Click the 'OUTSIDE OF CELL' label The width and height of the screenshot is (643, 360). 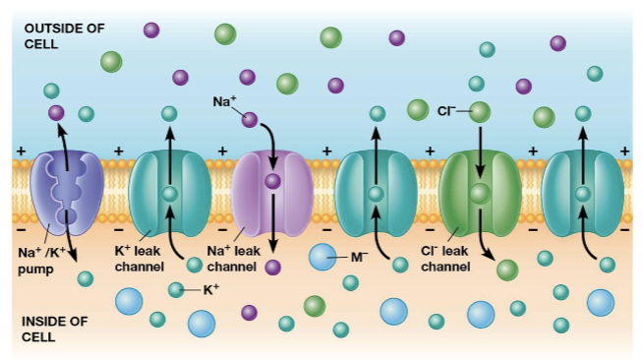(63, 34)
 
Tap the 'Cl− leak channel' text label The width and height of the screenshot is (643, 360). (449, 258)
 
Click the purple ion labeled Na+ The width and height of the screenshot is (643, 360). (250, 120)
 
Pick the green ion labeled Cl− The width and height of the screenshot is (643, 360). (480, 112)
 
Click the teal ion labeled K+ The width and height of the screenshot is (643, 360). (176, 289)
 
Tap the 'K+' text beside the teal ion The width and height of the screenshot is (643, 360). (211, 290)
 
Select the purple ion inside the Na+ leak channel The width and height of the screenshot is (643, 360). (272, 181)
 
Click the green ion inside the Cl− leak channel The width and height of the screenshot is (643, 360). (479, 194)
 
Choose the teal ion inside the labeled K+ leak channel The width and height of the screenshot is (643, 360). (169, 194)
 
